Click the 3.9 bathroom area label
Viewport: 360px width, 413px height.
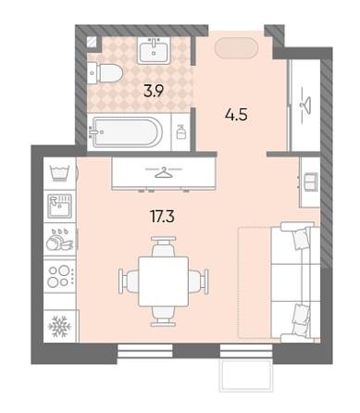[154, 91]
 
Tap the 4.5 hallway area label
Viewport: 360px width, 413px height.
[237, 115]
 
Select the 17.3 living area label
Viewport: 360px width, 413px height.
[162, 217]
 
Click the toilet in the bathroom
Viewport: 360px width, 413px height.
[105, 73]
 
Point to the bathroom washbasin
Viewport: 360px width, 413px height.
[154, 51]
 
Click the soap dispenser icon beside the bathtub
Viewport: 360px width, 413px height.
[180, 131]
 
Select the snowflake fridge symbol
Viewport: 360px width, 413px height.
[59, 326]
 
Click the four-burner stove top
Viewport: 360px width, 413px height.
[59, 275]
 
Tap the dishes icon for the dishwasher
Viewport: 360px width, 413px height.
[59, 240]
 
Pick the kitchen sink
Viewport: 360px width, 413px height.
[59, 205]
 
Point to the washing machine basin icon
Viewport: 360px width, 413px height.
[59, 173]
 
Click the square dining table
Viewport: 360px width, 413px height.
[163, 282]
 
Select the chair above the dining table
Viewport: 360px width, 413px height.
[164, 246]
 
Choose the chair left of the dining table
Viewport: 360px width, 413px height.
[129, 282]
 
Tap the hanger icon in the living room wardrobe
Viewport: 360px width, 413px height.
[164, 172]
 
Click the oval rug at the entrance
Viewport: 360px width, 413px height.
[236, 48]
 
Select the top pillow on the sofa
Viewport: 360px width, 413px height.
[300, 237]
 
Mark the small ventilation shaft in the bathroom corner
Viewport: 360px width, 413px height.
[92, 43]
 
